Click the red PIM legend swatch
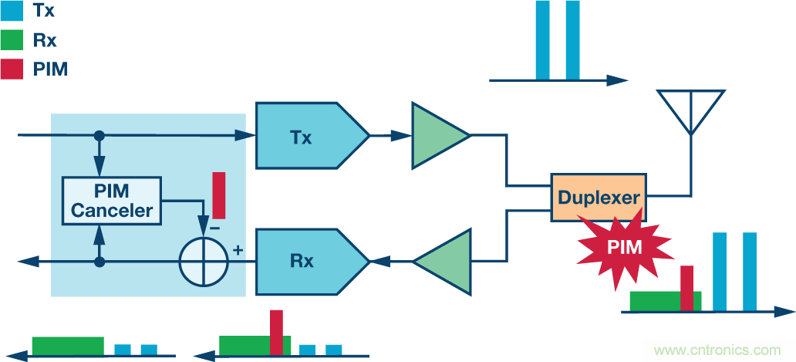(x=12, y=69)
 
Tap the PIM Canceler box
(x=112, y=200)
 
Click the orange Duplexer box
(x=599, y=198)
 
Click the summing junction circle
(x=205, y=262)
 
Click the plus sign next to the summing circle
(x=238, y=249)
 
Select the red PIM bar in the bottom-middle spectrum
(x=276, y=332)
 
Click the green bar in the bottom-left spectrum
(x=67, y=346)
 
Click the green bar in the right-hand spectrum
(x=656, y=301)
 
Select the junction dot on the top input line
(x=99, y=136)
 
